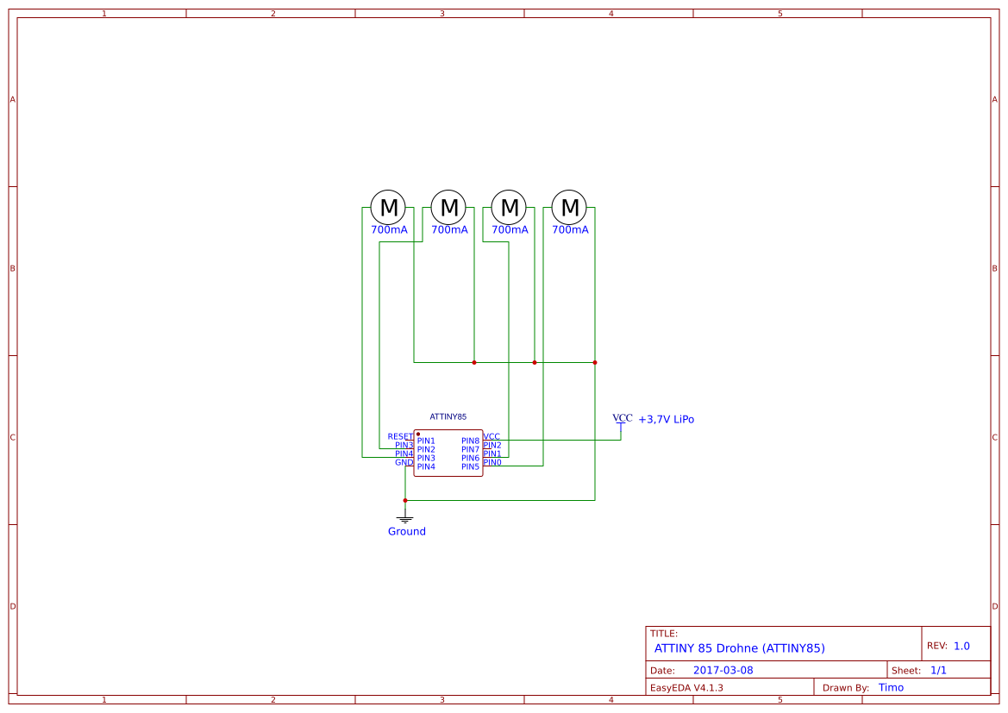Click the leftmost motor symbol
(388, 208)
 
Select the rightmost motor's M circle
(569, 208)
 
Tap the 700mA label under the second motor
(449, 230)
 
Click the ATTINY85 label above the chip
(448, 417)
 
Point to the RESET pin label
(400, 437)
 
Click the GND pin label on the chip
(404, 463)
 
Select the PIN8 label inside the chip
(470, 441)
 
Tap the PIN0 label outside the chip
(492, 463)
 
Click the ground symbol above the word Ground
(405, 518)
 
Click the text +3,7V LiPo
(666, 420)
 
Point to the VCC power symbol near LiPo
(622, 419)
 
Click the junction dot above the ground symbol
(405, 500)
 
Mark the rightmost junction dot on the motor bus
(595, 363)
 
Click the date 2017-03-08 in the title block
(723, 671)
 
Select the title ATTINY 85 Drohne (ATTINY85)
(739, 647)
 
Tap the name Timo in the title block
(891, 688)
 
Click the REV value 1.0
(961, 646)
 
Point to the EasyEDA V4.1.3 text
(686, 688)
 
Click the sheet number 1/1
(938, 671)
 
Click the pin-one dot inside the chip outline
(418, 435)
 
